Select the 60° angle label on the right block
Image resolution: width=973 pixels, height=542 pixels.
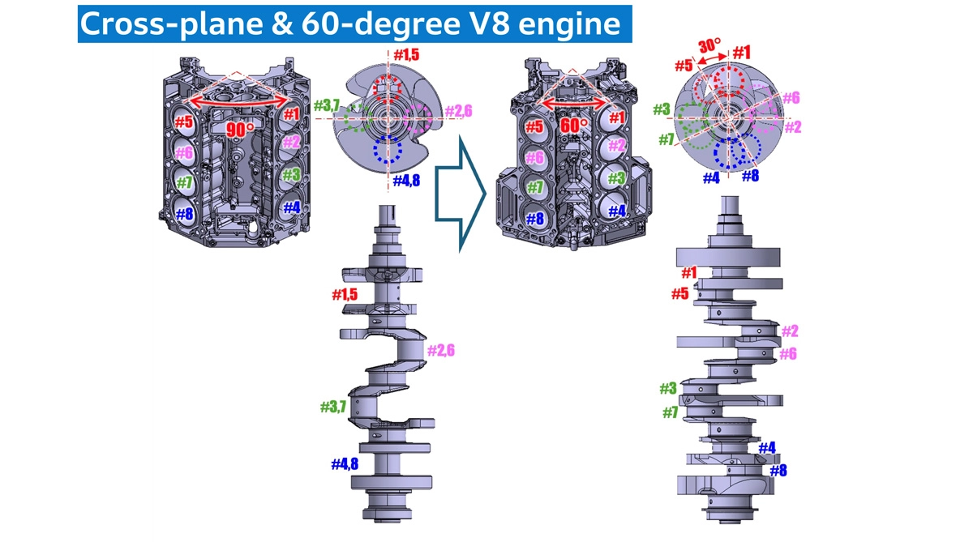(573, 126)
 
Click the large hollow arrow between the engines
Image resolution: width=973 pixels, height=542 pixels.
(461, 194)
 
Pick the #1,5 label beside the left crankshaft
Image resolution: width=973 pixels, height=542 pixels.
(345, 295)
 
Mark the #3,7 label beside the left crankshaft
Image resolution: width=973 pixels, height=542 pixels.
(333, 407)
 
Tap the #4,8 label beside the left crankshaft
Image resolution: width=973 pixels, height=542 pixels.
(345, 464)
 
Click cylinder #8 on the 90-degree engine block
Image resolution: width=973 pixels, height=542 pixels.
(184, 215)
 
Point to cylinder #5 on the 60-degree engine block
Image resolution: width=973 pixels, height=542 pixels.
(533, 126)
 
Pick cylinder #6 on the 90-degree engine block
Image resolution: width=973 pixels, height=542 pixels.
(183, 152)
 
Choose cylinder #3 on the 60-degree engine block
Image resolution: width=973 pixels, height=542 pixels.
(616, 178)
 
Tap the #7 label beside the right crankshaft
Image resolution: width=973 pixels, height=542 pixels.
(670, 412)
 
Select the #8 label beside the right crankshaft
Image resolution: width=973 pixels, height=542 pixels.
(778, 470)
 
